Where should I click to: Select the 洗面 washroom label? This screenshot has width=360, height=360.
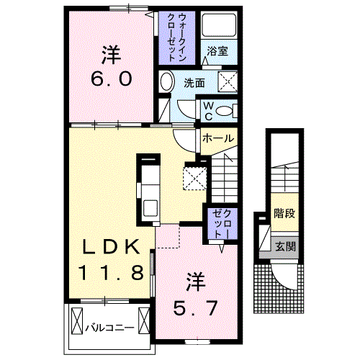coord(193,83)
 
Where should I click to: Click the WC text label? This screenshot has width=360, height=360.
coord(207,110)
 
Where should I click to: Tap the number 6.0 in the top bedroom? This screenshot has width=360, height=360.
coord(111,78)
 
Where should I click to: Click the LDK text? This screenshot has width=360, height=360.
coord(110,247)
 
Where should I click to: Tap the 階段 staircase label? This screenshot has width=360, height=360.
coord(285,214)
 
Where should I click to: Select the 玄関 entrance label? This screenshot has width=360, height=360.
coord(285,246)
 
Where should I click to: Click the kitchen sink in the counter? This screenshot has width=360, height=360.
coord(150,207)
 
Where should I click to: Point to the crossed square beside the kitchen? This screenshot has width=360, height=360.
coord(194,176)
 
